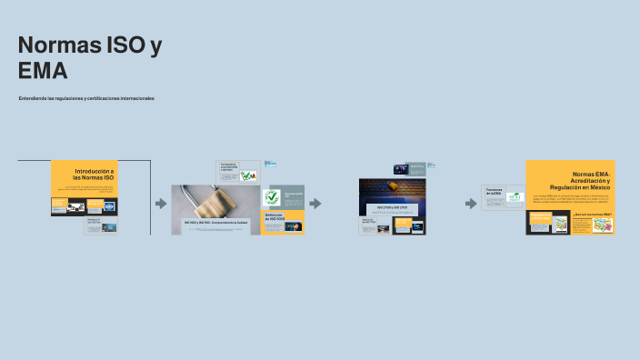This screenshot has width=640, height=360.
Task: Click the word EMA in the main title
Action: point(43,71)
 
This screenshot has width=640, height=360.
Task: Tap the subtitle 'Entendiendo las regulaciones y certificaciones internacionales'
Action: point(86,98)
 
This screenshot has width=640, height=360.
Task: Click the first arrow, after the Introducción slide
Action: point(161,204)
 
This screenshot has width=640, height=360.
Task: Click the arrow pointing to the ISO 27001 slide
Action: point(315,204)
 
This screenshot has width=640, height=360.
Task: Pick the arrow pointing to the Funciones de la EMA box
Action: point(471,204)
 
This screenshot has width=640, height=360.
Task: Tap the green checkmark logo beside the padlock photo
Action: point(271,197)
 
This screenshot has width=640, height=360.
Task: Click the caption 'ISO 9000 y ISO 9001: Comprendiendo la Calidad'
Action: point(215,223)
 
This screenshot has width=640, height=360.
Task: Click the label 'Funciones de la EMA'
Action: point(494,192)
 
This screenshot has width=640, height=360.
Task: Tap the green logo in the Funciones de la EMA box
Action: point(515,196)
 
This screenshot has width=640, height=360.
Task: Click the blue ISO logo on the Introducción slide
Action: point(109,206)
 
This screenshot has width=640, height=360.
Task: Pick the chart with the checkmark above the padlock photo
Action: point(248,175)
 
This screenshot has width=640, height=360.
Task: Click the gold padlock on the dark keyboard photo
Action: point(393,185)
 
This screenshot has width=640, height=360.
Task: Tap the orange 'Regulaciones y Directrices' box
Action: point(542,218)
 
